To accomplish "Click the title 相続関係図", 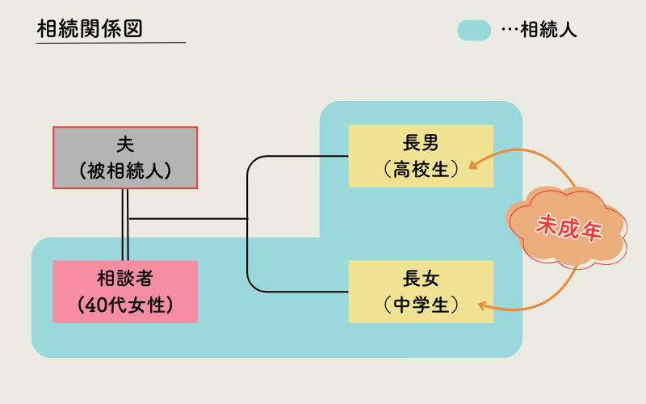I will (90, 28).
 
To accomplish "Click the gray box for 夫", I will (125, 158).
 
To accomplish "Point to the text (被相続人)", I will (125, 170).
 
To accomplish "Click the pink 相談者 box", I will (125, 291).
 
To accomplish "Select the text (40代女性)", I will (125, 305).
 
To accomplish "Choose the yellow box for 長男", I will (420, 156).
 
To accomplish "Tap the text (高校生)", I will (420, 169).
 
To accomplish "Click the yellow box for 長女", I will (420, 291).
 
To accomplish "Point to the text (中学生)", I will (420, 305).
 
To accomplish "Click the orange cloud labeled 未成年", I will (568, 227).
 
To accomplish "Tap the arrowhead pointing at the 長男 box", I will (472, 165).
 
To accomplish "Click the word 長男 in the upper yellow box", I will (420, 144).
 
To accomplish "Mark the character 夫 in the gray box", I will (125, 145).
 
